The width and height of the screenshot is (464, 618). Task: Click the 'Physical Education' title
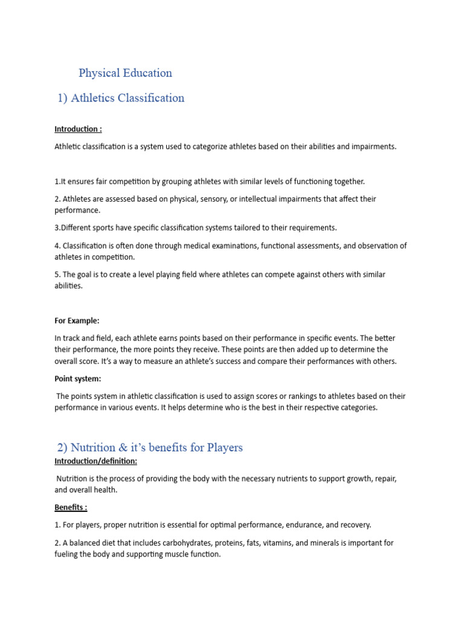[125, 73]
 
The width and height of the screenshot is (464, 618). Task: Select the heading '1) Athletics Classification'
[121, 98]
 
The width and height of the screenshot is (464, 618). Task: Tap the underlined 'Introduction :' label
[78, 129]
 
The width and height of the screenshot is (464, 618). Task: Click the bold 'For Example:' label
[77, 320]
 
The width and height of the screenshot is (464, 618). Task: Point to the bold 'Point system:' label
[78, 378]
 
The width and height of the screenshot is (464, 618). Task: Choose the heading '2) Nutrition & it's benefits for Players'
[150, 447]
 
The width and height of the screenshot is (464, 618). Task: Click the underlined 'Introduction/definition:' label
[95, 461]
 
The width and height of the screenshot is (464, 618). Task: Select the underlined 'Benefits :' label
[71, 508]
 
